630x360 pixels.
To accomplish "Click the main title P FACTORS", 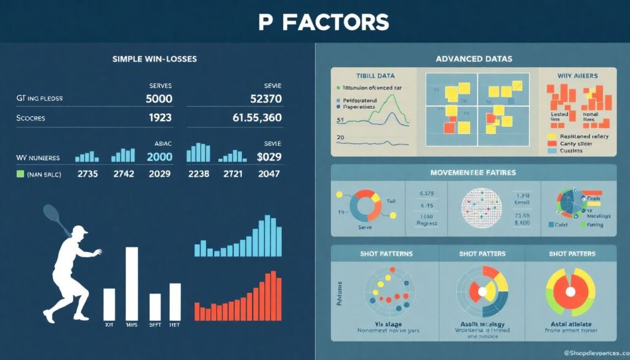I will pyautogui.click(x=323, y=22).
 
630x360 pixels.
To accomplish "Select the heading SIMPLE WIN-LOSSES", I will pyautogui.click(x=154, y=59).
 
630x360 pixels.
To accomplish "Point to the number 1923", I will pyautogui.click(x=160, y=118).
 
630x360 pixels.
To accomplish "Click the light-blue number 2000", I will pyautogui.click(x=159, y=157).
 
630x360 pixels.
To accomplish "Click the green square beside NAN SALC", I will pyautogui.click(x=20, y=174).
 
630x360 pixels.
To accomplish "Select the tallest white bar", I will pyautogui.click(x=132, y=283).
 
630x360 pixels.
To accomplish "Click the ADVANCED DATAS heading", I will pyautogui.click(x=473, y=59).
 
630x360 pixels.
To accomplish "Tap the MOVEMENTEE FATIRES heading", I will pyautogui.click(x=473, y=172).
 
